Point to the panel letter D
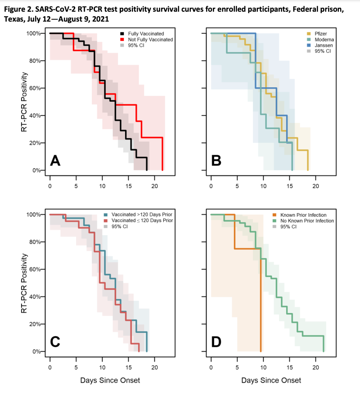[x=216, y=342]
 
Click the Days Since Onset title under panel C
[x=110, y=380]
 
